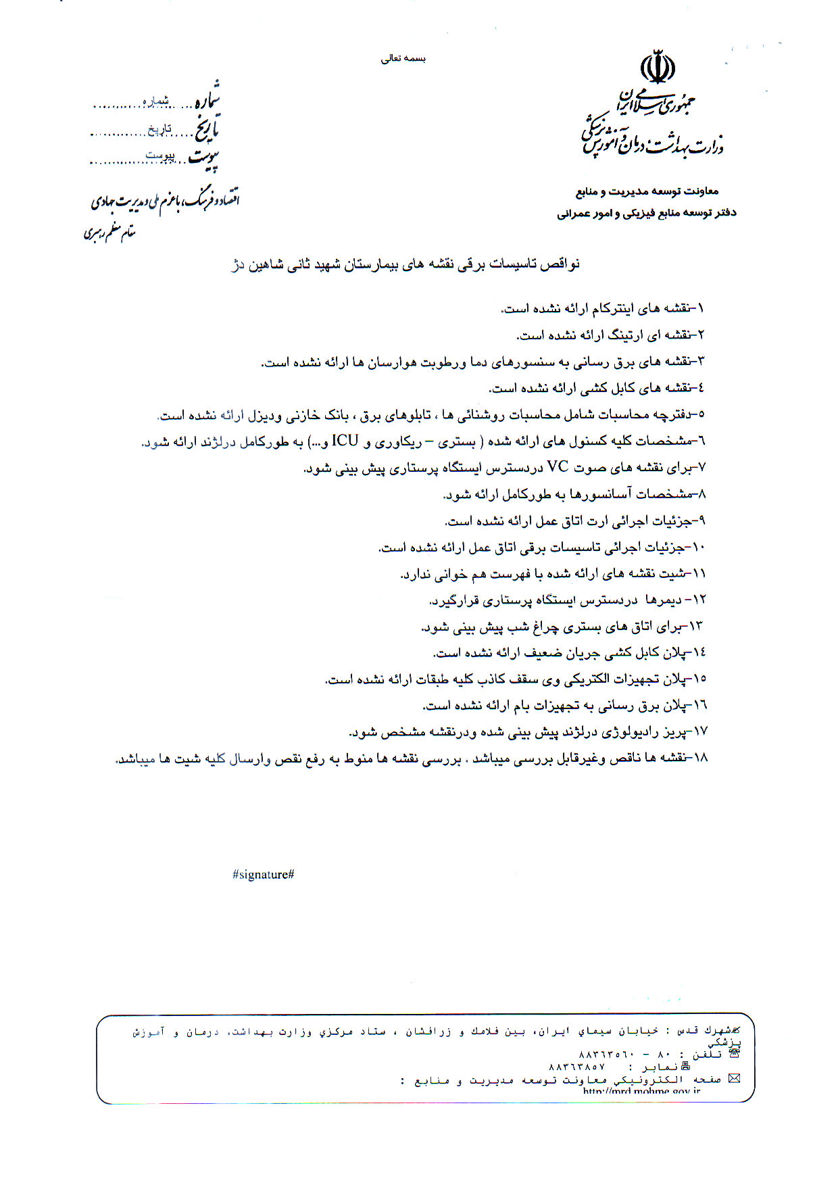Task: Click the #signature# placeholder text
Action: tap(263, 874)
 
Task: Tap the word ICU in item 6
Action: tap(345, 441)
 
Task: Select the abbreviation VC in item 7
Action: tap(558, 467)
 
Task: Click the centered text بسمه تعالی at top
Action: tap(403, 59)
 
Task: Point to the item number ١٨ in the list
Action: tap(699, 758)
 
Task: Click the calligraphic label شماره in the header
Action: tap(207, 100)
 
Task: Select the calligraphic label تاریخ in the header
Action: tap(207, 128)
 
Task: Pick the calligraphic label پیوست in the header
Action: tap(203, 158)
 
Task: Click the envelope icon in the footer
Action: tap(734, 1078)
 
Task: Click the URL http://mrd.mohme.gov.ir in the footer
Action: tap(641, 1090)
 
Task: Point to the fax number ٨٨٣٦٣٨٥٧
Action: tap(576, 1067)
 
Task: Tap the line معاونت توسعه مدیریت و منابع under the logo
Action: tap(647, 192)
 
